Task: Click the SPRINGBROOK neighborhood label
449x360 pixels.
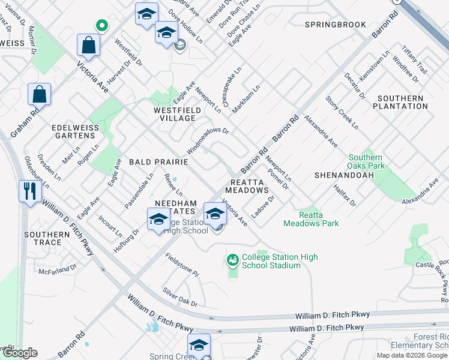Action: (x=335, y=25)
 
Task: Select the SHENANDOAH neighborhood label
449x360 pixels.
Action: (x=344, y=175)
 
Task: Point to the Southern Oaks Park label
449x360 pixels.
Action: (x=366, y=161)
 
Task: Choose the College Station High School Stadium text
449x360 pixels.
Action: (x=279, y=261)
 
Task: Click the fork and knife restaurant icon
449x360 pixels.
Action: (x=28, y=191)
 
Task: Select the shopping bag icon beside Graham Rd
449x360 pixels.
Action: (x=39, y=94)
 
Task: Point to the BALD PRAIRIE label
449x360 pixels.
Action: (x=158, y=163)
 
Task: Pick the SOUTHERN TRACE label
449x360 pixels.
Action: (x=47, y=238)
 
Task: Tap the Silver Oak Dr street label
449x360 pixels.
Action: (x=180, y=297)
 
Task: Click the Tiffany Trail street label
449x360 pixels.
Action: (x=414, y=61)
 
